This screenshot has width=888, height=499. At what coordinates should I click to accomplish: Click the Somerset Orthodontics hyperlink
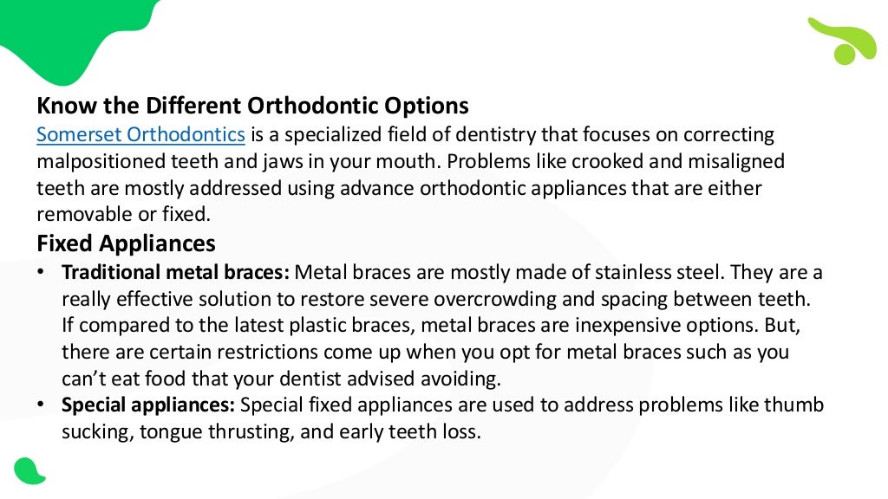pos(140,134)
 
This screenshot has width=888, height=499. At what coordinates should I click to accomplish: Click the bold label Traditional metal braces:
pos(175,272)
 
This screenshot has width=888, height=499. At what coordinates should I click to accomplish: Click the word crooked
pos(613,161)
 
